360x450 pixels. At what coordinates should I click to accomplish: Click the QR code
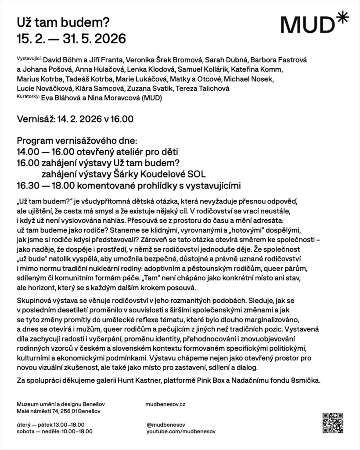coord(332,423)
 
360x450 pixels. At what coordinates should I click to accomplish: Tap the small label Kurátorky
coord(28,97)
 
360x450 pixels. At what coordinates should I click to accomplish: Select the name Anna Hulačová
coord(95,69)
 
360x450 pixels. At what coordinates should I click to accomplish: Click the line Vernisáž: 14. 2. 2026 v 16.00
coord(75,119)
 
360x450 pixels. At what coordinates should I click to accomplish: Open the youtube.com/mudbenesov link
coord(181,432)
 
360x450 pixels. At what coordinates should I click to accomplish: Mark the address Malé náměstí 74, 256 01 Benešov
coord(58,411)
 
